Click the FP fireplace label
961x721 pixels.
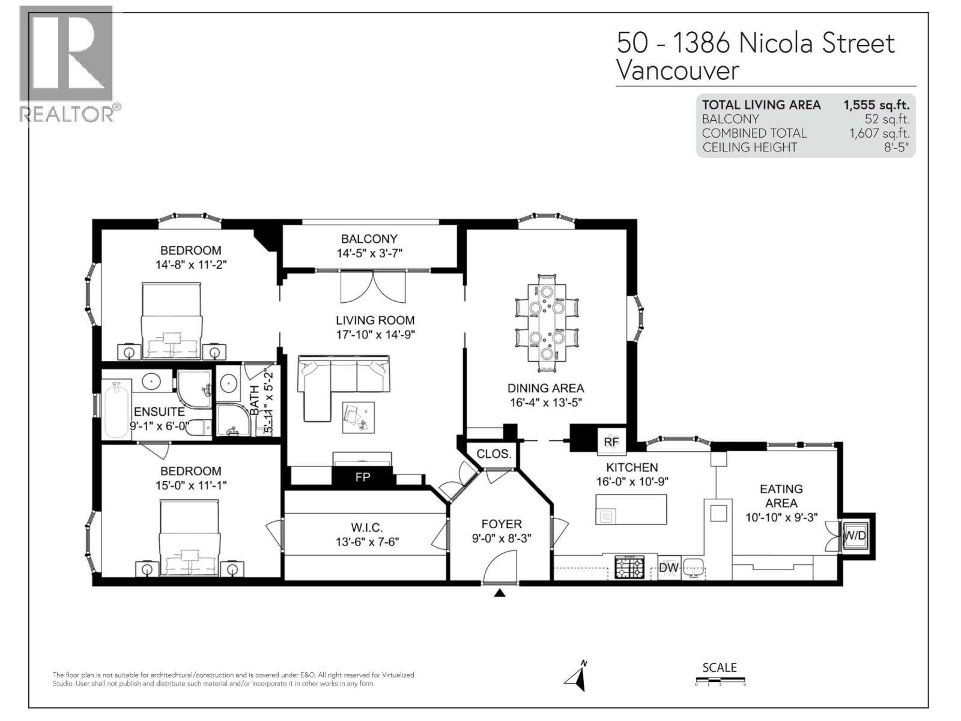point(363,478)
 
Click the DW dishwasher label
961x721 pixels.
point(668,568)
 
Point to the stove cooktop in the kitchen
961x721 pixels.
point(629,567)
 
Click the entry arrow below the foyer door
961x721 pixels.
point(500,594)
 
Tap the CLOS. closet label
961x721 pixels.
point(494,454)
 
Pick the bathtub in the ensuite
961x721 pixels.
point(116,409)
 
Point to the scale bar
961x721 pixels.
point(720,681)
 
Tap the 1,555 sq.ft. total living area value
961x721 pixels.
point(876,105)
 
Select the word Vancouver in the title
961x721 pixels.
point(678,71)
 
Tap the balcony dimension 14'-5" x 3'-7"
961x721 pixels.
point(369,254)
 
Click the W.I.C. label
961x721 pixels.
point(366,528)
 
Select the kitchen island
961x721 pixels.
point(631,510)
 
